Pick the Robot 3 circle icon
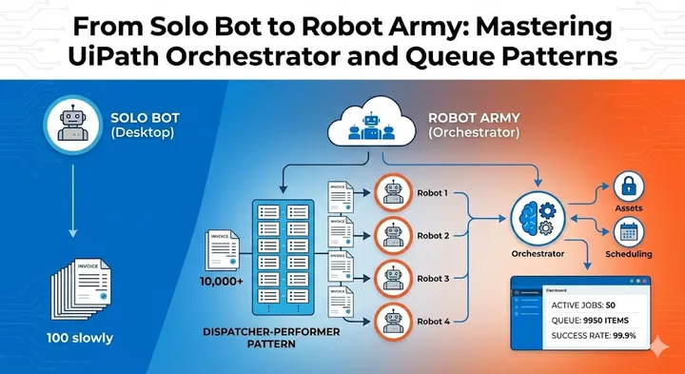point(393,278)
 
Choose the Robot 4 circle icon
point(393,321)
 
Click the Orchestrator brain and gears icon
point(538,216)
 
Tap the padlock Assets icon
point(628,187)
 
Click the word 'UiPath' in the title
point(120,56)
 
